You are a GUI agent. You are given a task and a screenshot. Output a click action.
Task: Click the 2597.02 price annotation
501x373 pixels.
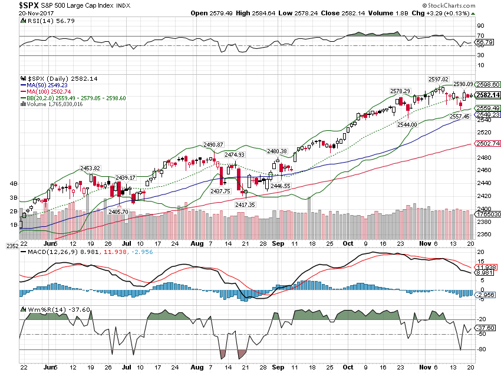(439, 79)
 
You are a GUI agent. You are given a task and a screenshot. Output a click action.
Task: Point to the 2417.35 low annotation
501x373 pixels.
(246, 204)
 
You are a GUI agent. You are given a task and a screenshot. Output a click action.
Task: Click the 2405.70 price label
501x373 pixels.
(118, 211)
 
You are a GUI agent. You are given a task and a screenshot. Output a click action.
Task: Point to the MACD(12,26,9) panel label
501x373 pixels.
(48, 252)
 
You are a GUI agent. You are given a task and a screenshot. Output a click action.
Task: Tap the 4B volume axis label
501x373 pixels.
(12, 184)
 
